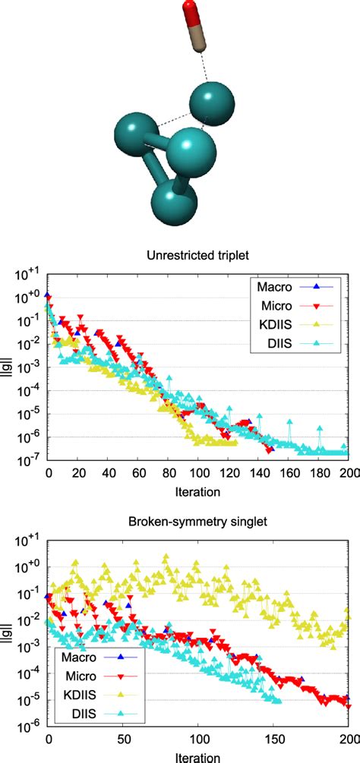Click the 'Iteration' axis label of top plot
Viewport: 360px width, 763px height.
(x=198, y=493)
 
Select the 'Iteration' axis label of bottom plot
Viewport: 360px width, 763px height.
(x=198, y=756)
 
